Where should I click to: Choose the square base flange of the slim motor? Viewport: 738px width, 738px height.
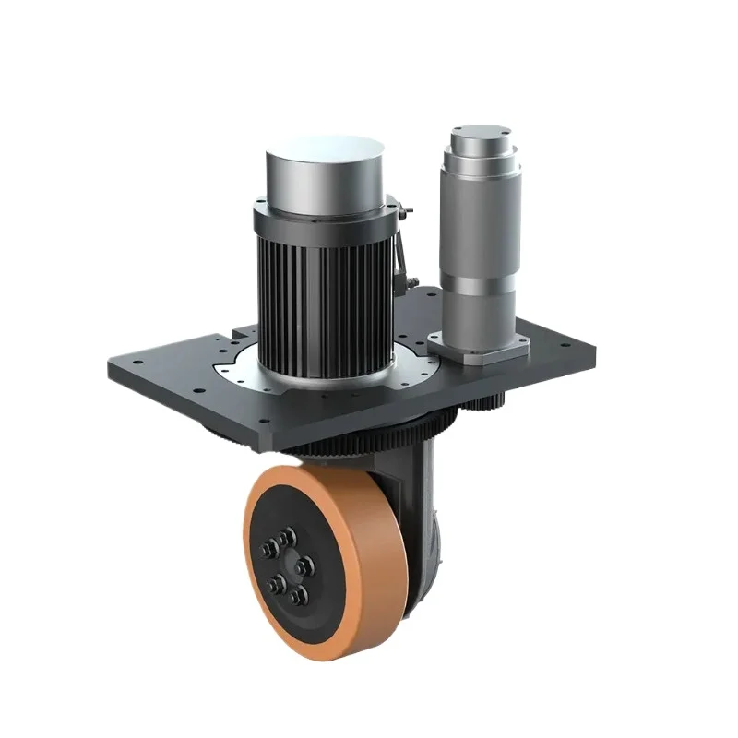[x=480, y=346]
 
